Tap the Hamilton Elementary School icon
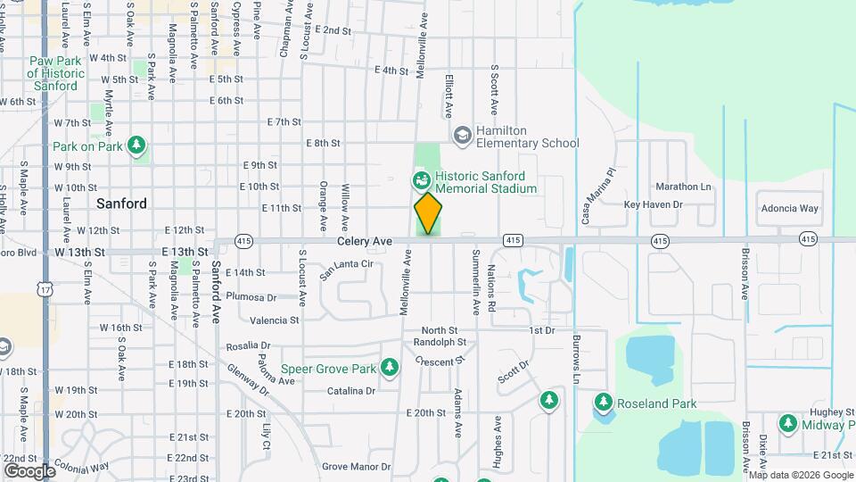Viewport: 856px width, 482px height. tap(462, 136)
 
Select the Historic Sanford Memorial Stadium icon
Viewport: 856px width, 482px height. tap(421, 181)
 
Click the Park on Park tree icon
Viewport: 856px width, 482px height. tap(136, 145)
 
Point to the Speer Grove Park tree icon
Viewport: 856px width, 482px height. tap(389, 367)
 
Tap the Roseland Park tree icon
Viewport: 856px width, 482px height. tap(604, 403)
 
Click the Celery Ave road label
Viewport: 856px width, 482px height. tap(365, 241)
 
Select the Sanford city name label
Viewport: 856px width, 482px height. tap(121, 204)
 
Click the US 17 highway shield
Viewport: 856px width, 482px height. tap(45, 288)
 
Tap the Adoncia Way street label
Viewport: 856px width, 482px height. tap(789, 209)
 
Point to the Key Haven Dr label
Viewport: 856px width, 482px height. tap(653, 204)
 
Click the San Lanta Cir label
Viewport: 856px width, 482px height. tap(347, 265)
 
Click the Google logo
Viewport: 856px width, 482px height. tap(29, 470)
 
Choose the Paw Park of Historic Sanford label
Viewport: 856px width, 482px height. tap(55, 73)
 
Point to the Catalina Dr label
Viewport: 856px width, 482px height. tap(350, 391)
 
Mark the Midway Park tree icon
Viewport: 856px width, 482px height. tap(787, 423)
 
